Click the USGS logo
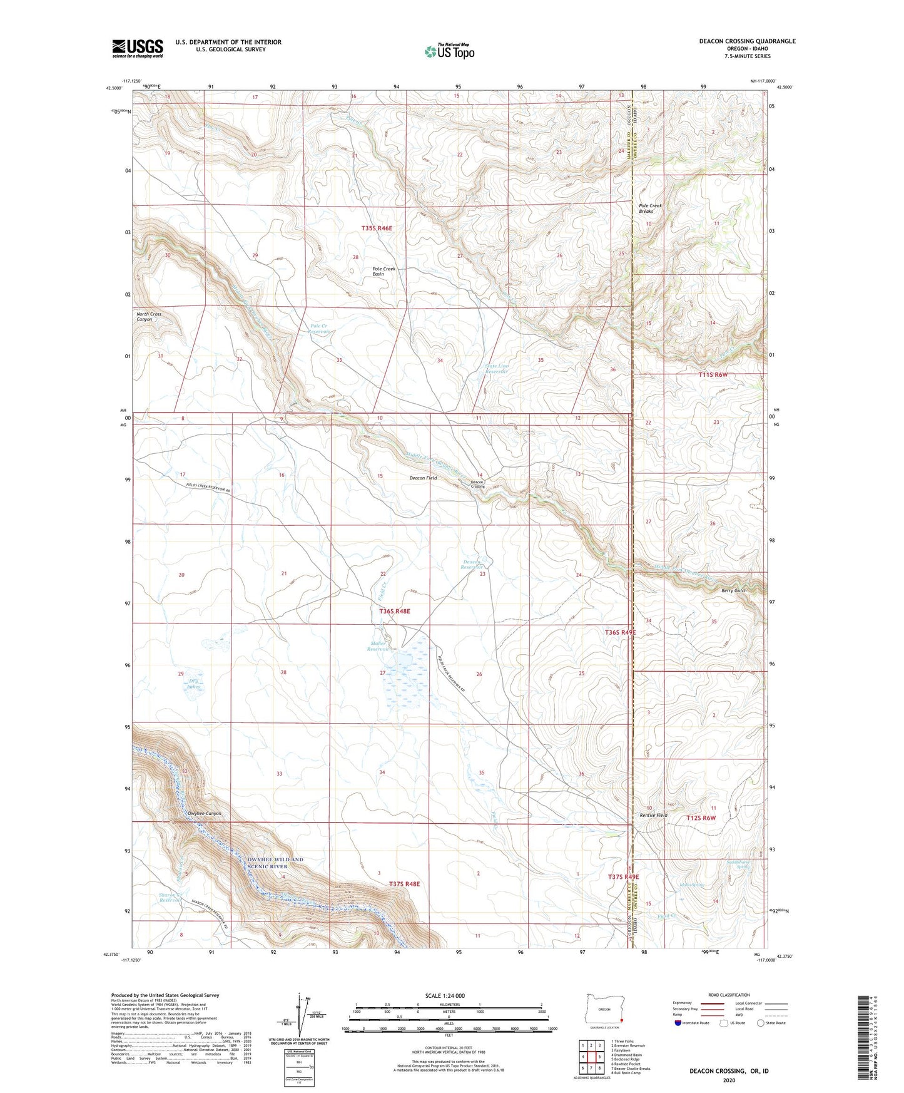137,48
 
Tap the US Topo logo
449,51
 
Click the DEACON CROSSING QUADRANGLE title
747,41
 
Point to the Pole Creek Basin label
383,272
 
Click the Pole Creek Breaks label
650,208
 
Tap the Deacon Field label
423,478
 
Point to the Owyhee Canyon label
205,814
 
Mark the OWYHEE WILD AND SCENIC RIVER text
272,863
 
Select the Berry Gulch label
734,590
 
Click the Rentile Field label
653,816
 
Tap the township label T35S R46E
377,228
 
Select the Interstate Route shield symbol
678,1024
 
